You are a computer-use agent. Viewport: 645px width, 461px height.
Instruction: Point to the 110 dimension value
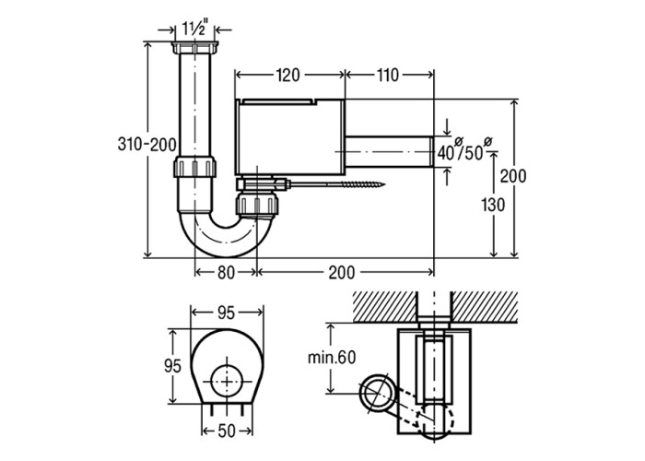click(388, 75)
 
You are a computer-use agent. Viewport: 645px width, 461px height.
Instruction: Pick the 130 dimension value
click(493, 205)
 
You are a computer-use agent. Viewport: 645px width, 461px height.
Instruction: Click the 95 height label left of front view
click(172, 365)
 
